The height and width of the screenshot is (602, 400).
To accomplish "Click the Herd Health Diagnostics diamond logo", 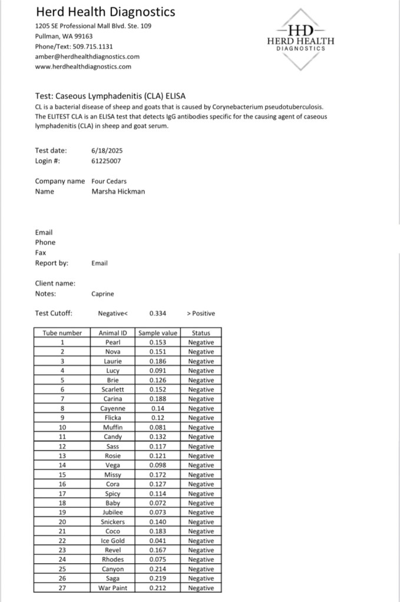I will click(300, 39).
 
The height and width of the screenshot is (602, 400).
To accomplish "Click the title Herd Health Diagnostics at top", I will click(105, 12).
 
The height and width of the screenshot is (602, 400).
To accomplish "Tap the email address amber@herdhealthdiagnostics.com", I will click(87, 56).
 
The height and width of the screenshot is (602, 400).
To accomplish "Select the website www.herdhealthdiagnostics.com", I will click(83, 66).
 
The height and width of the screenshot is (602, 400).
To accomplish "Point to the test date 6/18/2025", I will click(107, 150).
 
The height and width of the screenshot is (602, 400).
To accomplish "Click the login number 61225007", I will click(107, 160).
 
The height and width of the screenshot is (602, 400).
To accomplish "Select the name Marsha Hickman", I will click(118, 191).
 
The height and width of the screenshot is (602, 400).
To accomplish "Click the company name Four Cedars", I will click(109, 181).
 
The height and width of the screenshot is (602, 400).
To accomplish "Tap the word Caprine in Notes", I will click(104, 293).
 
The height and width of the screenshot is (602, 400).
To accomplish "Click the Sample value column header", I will click(158, 333).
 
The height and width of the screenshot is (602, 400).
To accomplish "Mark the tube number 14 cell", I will click(62, 465).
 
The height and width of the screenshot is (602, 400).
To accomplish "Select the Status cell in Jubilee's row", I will click(201, 513).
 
